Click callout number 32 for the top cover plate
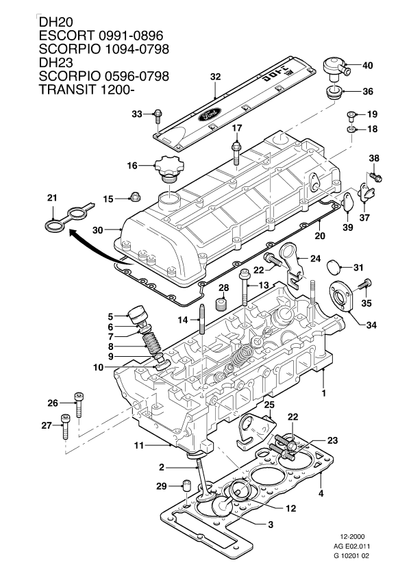click(215, 78)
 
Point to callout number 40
click(367, 66)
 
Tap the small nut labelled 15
click(134, 199)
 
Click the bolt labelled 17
click(236, 152)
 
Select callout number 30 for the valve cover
click(97, 231)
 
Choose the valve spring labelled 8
click(150, 340)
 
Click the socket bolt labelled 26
click(80, 405)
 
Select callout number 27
click(46, 425)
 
